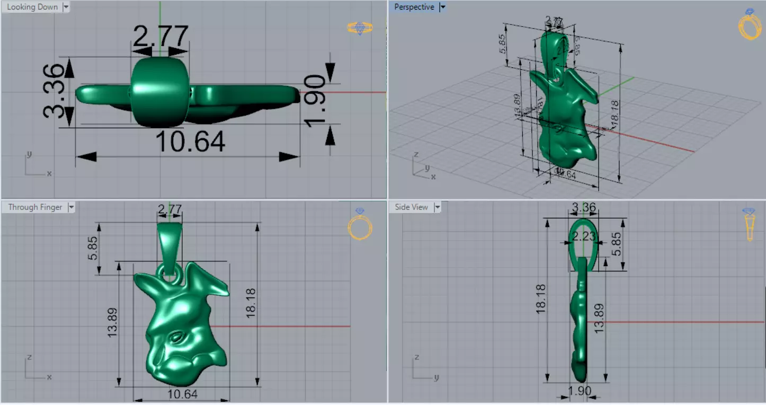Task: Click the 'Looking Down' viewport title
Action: [x=32, y=7]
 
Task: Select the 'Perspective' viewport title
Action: [x=414, y=7]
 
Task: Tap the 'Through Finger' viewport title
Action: [x=35, y=207]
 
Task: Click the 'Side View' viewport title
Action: [x=411, y=207]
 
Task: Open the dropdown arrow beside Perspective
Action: [x=443, y=7]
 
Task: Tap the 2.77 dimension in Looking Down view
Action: [x=160, y=37]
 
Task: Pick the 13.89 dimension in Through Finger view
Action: [x=112, y=323]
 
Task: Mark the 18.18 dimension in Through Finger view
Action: [x=251, y=303]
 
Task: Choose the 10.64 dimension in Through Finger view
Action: [x=182, y=394]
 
